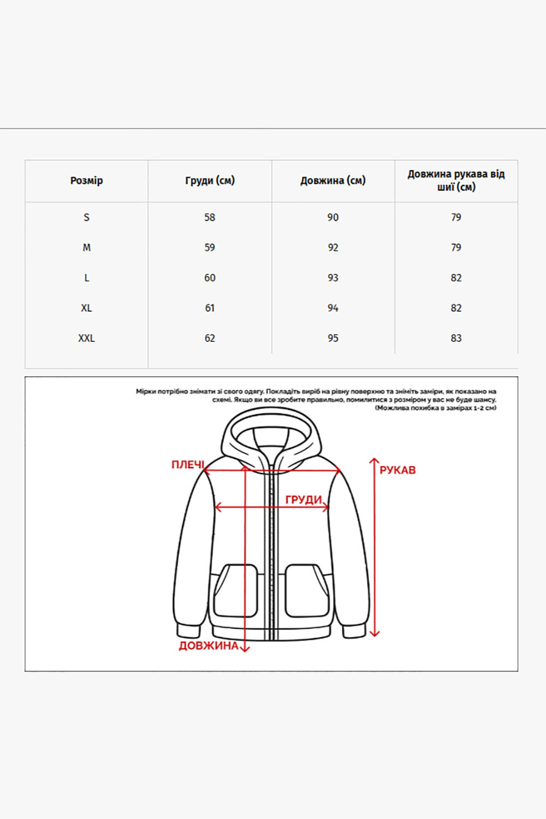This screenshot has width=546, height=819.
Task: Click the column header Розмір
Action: tap(86, 181)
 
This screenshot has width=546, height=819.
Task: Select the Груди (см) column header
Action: tap(210, 181)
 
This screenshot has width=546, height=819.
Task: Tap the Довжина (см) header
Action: tap(333, 181)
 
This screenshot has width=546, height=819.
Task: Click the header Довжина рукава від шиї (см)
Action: tap(456, 181)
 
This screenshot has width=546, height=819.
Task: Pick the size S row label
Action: tap(86, 217)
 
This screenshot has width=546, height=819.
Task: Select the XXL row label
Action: tap(86, 339)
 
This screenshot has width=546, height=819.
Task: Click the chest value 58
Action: tap(210, 217)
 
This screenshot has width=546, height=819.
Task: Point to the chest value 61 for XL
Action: tap(210, 308)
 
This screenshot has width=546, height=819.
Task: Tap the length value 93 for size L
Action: tap(333, 278)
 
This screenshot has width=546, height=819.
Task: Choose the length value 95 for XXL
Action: tap(333, 339)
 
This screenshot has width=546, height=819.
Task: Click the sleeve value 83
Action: tap(456, 339)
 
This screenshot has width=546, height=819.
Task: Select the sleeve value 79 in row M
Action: tap(456, 248)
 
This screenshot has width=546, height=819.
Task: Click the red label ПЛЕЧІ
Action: tap(187, 465)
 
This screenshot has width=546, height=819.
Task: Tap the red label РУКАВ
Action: tap(397, 470)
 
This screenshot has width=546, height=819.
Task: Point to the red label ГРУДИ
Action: tap(304, 500)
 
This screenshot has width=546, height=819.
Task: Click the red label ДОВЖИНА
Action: tap(209, 646)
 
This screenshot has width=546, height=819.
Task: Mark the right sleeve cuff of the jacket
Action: tap(353, 630)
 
